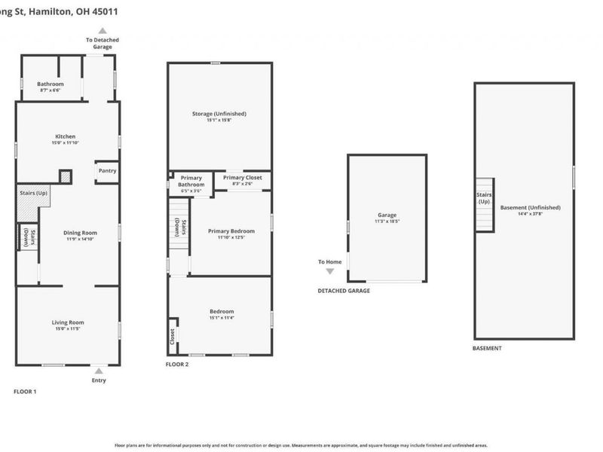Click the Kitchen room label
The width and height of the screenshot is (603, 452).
tap(66, 136)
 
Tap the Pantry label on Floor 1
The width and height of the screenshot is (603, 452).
tap(106, 171)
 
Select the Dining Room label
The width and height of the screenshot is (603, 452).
tap(66, 234)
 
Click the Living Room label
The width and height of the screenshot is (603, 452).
tap(67, 322)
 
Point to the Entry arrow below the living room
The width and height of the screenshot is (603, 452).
tap(98, 370)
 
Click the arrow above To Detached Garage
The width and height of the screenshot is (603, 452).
tap(102, 30)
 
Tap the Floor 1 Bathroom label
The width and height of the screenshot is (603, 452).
tap(51, 84)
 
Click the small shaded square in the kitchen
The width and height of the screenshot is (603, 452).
tap(66, 176)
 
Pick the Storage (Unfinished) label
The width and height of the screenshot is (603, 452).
tap(218, 114)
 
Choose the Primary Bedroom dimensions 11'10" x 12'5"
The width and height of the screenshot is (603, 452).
tap(231, 237)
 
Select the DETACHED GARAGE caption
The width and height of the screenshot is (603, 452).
tap(344, 291)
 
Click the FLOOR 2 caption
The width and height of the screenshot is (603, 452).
tap(176, 364)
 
